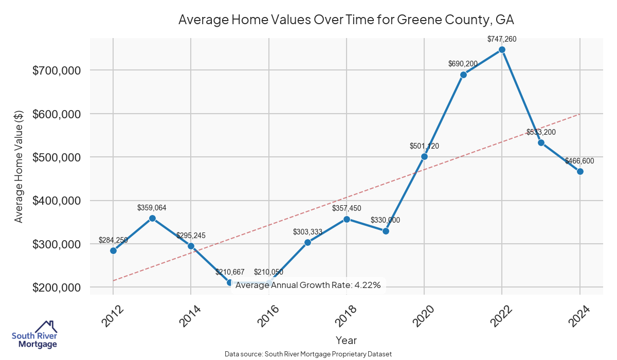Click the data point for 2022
tap(502, 49)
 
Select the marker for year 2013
tap(152, 218)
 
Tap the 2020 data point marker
tap(424, 156)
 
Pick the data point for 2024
tap(580, 171)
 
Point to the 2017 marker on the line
tap(307, 242)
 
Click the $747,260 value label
tap(502, 39)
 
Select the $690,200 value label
tap(463, 64)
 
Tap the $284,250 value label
tap(113, 240)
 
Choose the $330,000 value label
tap(385, 220)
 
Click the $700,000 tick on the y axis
tap(56, 70)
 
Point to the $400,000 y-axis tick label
tap(56, 201)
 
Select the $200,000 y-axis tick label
tap(56, 287)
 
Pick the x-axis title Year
tap(346, 340)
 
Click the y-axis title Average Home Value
tap(19, 167)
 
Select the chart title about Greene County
tap(346, 20)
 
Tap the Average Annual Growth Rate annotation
tap(308, 285)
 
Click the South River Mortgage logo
tap(34, 334)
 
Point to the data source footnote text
tap(308, 354)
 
